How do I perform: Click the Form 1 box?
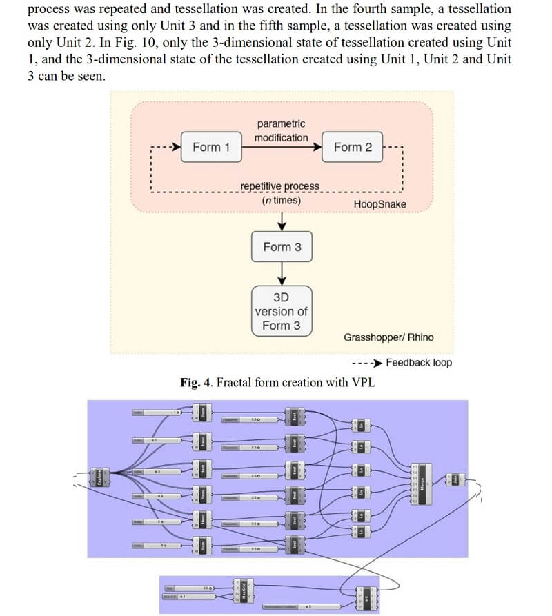(x=207, y=147)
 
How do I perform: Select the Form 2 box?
(x=353, y=147)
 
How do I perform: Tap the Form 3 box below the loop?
(x=282, y=247)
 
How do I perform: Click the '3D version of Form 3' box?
(x=282, y=311)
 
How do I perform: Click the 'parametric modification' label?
(x=281, y=130)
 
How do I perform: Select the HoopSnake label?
(x=379, y=204)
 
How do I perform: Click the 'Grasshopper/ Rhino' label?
(x=388, y=337)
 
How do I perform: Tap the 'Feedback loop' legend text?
(x=419, y=363)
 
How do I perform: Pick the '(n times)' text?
(x=282, y=200)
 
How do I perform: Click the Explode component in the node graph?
(x=100, y=477)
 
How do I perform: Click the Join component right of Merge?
(x=455, y=478)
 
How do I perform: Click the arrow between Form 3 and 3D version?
(x=282, y=275)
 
